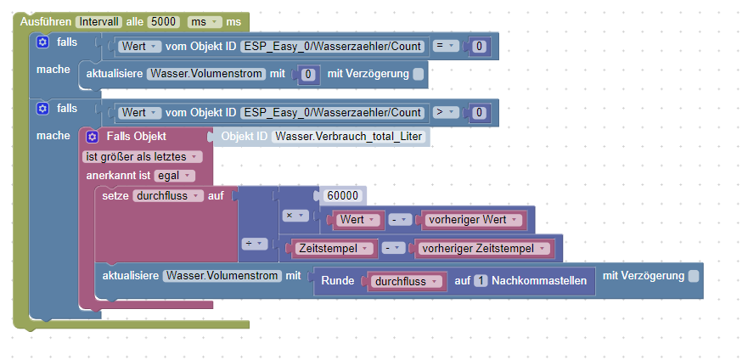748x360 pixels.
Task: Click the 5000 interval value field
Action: point(163,20)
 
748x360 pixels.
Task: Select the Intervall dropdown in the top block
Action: point(98,20)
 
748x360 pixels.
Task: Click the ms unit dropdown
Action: point(205,20)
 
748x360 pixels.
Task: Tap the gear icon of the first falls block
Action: point(42,42)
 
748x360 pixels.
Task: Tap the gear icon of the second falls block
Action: point(42,109)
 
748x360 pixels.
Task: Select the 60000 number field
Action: point(342,196)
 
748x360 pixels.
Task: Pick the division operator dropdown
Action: point(255,243)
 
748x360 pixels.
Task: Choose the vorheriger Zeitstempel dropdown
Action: point(483,249)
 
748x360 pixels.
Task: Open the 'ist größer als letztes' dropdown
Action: point(143,156)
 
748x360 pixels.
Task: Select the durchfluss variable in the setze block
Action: point(168,195)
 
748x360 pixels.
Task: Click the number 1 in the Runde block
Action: point(481,282)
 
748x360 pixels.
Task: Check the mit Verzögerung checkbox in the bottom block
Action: point(694,276)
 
